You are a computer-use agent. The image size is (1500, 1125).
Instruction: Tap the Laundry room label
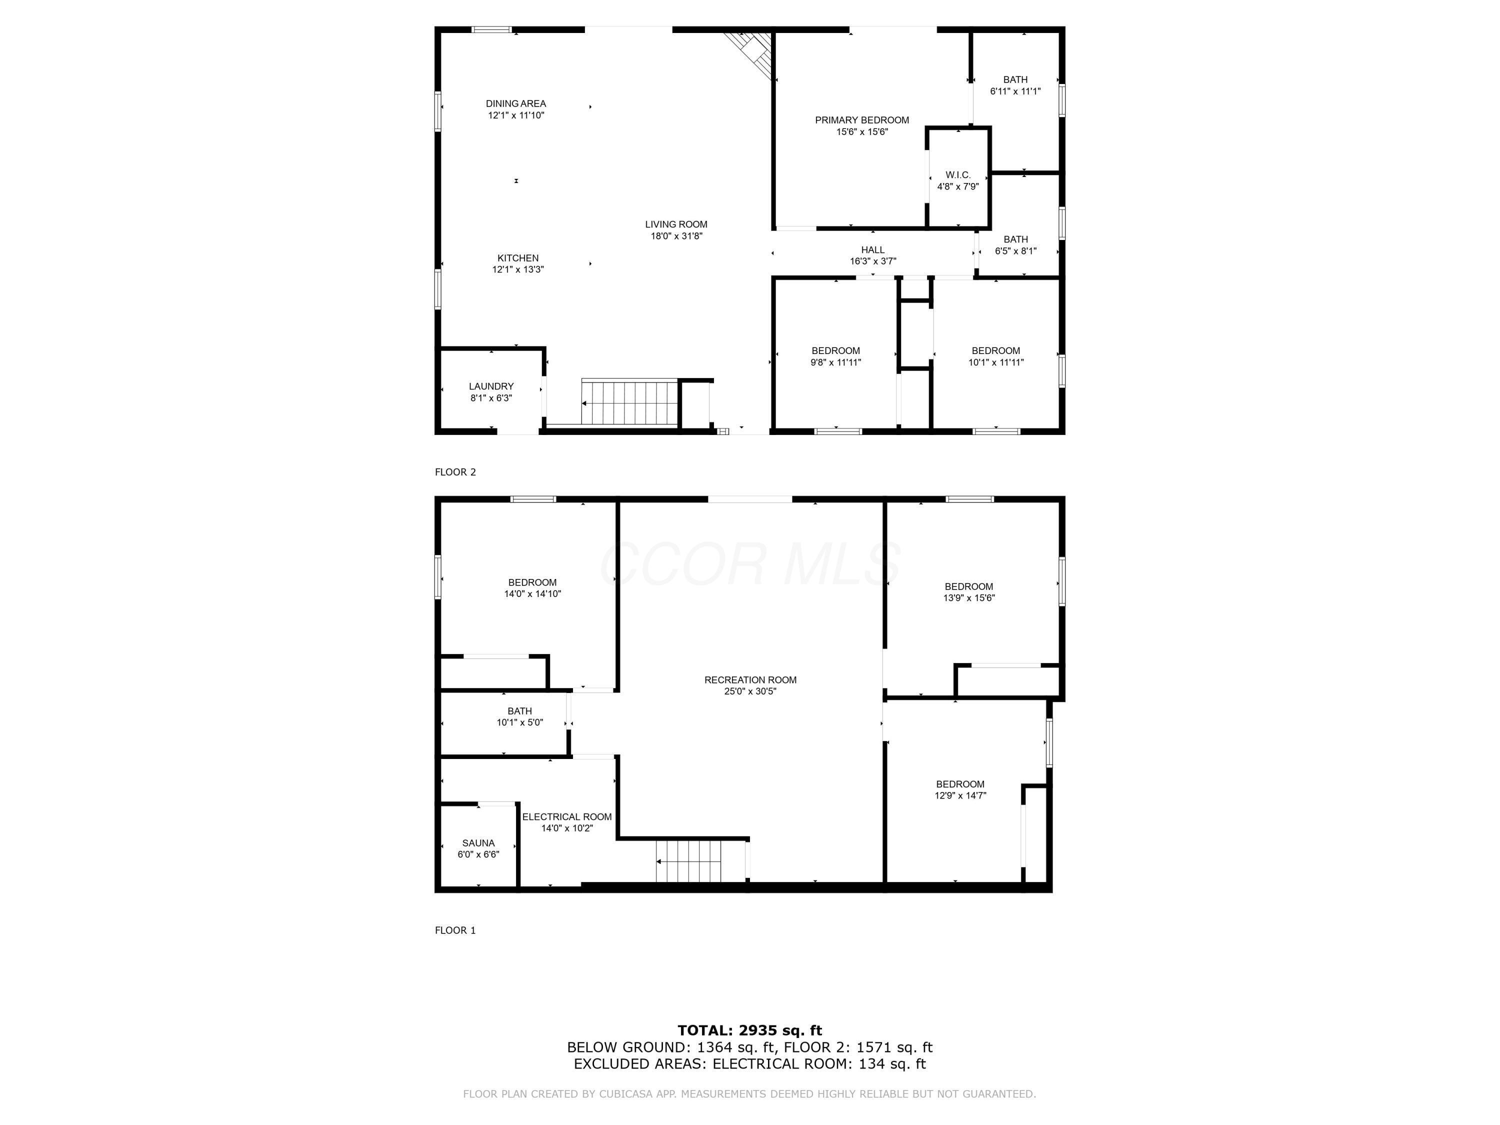point(491,386)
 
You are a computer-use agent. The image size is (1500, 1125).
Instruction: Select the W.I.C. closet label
point(958,175)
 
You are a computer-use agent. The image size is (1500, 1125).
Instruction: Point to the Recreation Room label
point(750,679)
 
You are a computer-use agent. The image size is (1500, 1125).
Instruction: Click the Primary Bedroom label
point(862,120)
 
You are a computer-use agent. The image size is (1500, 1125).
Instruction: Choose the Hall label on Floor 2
point(872,249)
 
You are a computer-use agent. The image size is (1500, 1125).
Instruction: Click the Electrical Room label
point(567,816)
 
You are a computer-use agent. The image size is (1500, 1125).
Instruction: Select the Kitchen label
point(518,257)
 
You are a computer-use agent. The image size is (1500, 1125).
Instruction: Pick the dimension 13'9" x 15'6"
point(969,598)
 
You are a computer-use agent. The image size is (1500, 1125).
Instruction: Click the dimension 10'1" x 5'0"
point(519,722)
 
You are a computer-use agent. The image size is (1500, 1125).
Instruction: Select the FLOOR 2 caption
point(455,472)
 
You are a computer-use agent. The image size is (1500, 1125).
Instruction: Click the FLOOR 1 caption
point(455,930)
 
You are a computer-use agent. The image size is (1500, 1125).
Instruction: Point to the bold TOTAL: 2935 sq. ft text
point(749,1030)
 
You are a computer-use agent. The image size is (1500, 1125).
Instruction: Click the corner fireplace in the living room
point(752,53)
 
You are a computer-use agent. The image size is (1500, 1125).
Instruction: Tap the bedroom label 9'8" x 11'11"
point(835,362)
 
